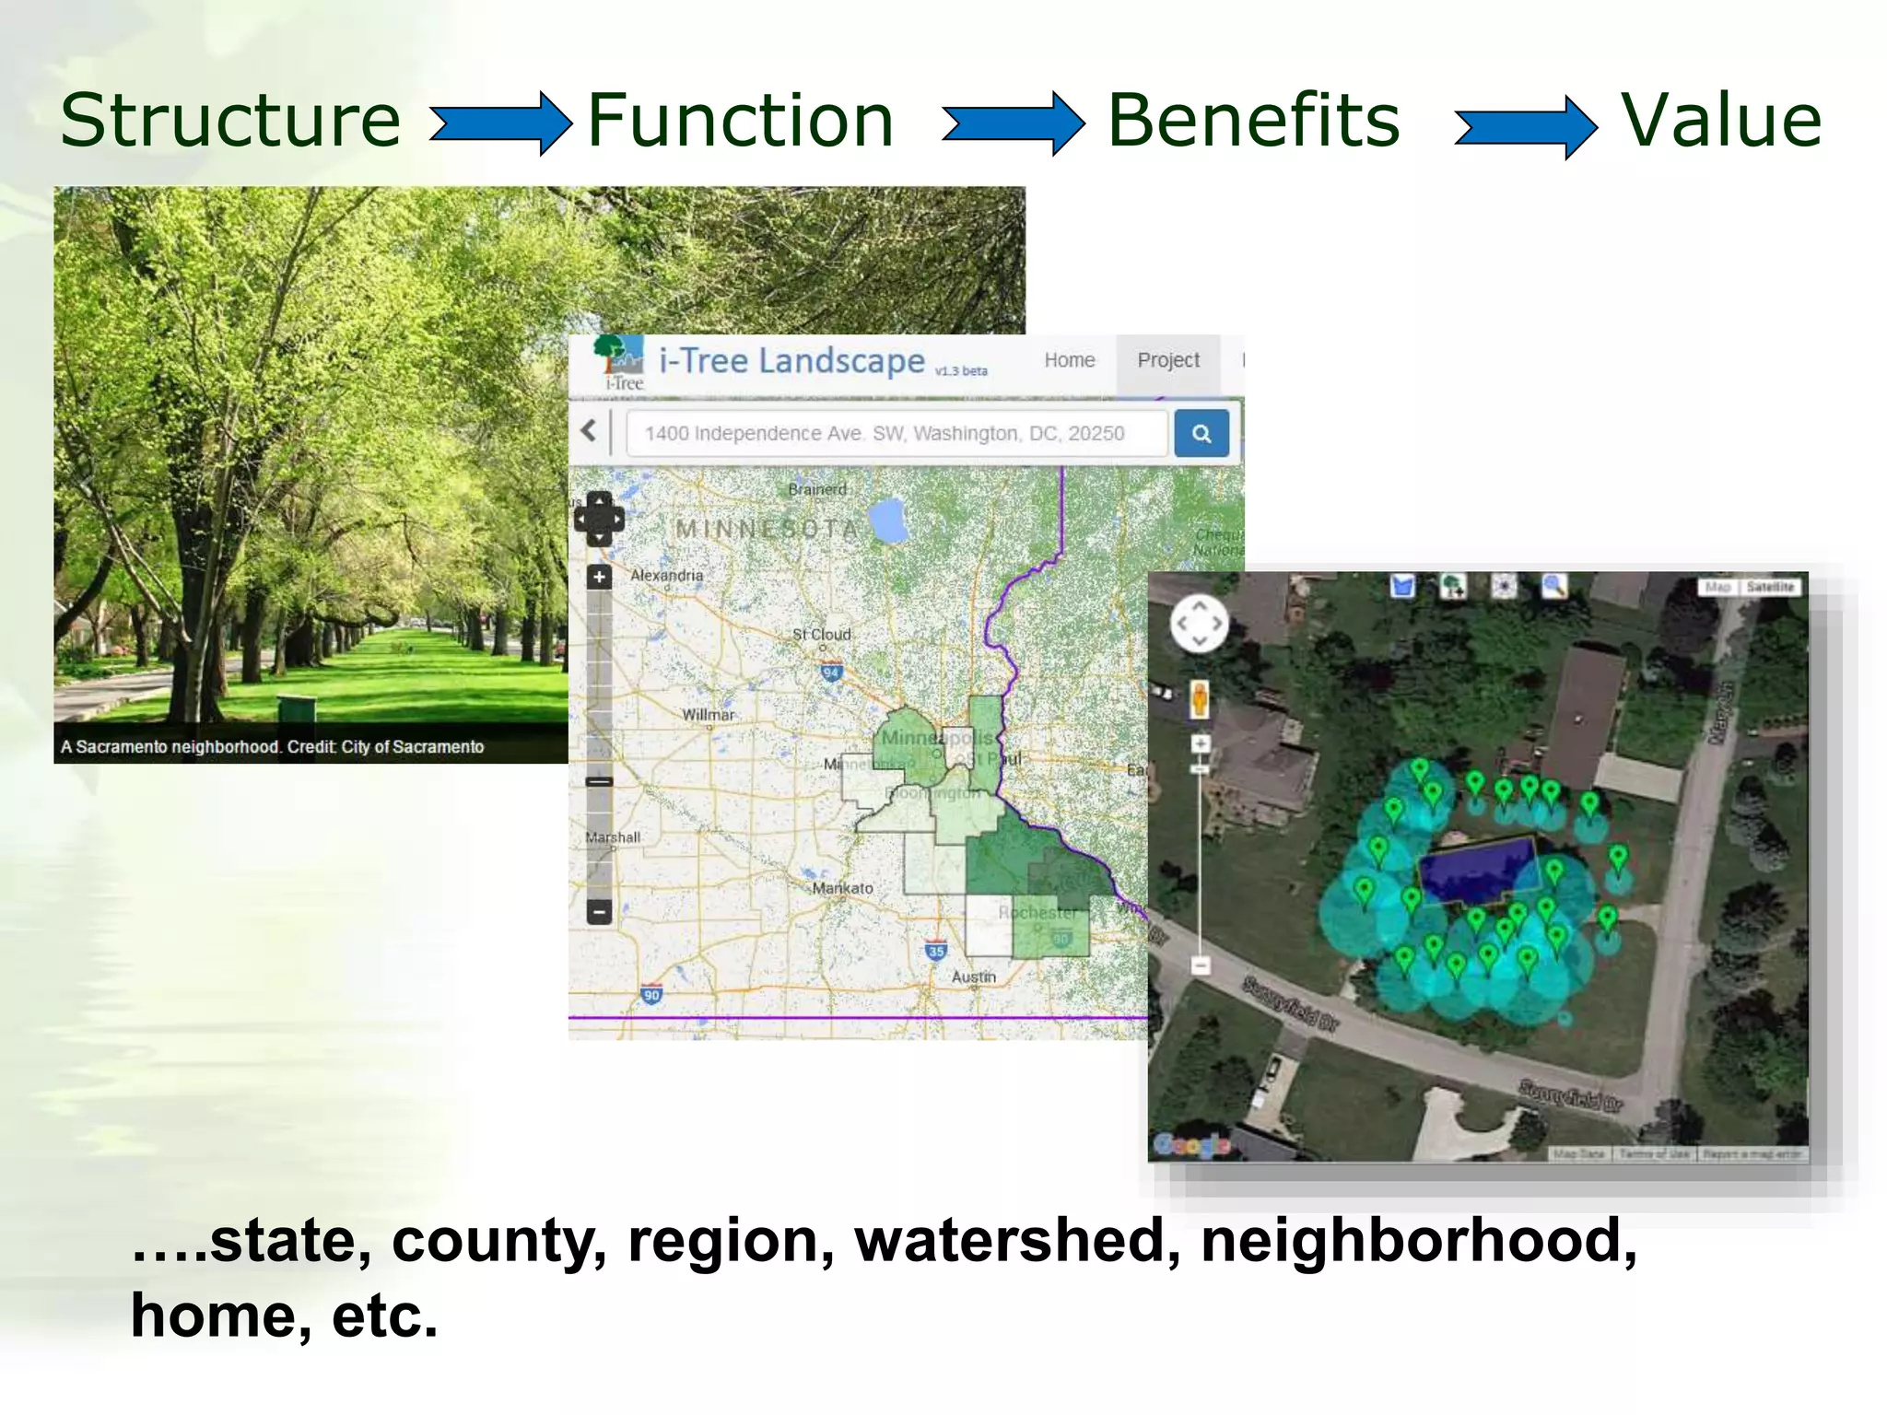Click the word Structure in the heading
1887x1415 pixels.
click(230, 121)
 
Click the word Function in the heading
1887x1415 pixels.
click(740, 121)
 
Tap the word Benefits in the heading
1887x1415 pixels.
click(1253, 121)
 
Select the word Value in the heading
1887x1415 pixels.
click(1721, 121)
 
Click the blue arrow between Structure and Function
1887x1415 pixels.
click(500, 123)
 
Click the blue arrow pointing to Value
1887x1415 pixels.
click(1525, 127)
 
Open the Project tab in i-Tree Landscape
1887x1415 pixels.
click(1167, 360)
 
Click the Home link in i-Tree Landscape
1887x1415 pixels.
click(1069, 360)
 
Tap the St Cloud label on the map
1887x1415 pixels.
click(821, 634)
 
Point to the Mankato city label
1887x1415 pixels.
click(842, 888)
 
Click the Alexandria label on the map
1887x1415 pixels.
click(666, 575)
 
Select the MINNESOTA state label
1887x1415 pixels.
click(767, 529)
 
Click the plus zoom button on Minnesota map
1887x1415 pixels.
click(599, 578)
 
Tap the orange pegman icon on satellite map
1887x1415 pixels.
click(1199, 699)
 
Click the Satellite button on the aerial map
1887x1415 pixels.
click(1770, 587)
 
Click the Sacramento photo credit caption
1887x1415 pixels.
click(273, 746)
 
